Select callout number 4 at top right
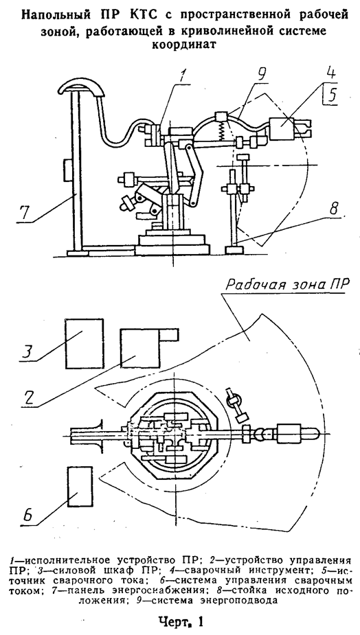(331, 71)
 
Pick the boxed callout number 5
(333, 95)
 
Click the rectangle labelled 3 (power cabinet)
(84, 343)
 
